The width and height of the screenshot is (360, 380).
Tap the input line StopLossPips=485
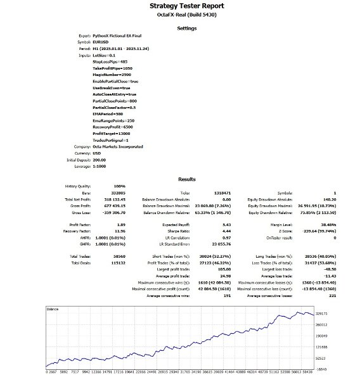(x=112, y=61)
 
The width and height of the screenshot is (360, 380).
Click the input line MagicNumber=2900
(x=112, y=75)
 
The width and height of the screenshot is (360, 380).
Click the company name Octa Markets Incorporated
(x=118, y=146)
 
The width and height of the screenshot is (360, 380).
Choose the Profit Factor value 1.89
(x=98, y=224)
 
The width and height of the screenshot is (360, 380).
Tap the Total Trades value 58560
(x=101, y=256)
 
